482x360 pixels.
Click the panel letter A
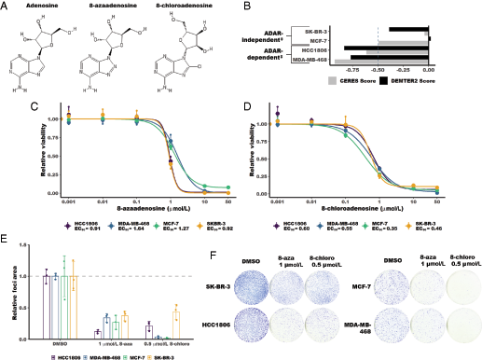7,7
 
